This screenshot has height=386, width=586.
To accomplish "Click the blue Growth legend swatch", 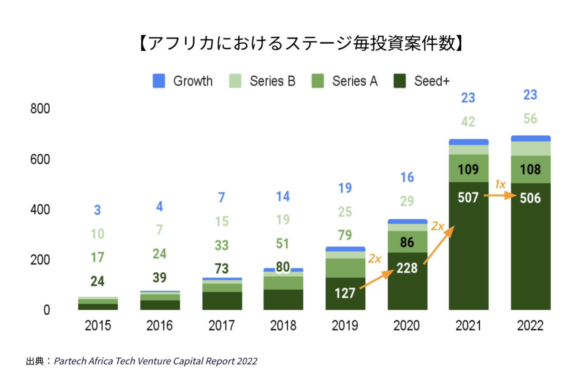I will click(159, 81).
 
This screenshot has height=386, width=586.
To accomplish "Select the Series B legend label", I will click(272, 81).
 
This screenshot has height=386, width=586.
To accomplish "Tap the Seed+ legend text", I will click(432, 81).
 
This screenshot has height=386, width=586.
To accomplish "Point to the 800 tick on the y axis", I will click(40, 109).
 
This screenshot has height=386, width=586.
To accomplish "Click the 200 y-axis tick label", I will click(40, 260).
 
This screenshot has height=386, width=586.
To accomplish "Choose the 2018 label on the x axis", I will click(283, 326).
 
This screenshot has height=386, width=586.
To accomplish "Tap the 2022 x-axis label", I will click(530, 326).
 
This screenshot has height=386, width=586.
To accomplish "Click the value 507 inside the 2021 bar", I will click(468, 197).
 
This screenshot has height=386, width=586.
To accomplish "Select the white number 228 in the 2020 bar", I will click(407, 268).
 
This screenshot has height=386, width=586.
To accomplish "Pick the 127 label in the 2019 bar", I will click(345, 293).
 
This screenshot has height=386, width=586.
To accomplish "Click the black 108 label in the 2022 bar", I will click(530, 170).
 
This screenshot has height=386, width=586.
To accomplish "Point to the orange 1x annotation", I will click(500, 184).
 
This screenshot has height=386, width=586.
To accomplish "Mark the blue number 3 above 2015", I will click(97, 210).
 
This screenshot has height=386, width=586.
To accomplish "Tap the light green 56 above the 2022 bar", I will click(530, 119).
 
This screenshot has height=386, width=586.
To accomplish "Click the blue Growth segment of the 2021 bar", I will click(468, 142).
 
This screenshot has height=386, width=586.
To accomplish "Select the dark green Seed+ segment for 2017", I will click(222, 301).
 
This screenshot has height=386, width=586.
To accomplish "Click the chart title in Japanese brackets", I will click(301, 43).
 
